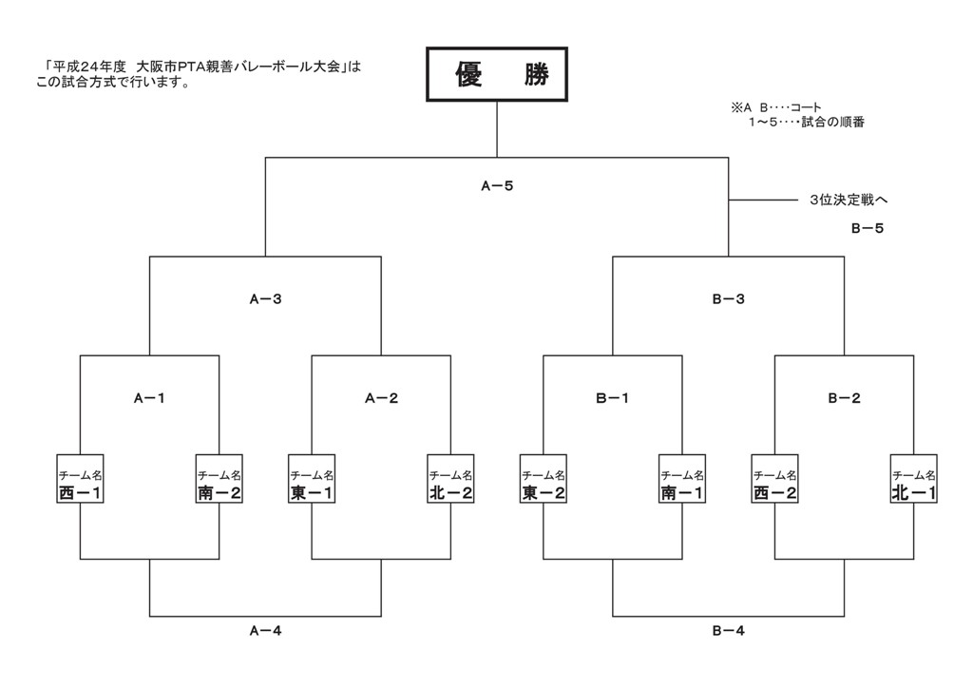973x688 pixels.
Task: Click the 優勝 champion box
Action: (x=497, y=75)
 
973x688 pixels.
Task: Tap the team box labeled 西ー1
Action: (x=80, y=484)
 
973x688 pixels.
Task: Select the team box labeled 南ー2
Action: (x=219, y=484)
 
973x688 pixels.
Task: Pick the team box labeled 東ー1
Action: (x=312, y=484)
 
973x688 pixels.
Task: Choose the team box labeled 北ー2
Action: (x=450, y=484)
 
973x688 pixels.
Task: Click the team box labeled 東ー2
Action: (x=544, y=484)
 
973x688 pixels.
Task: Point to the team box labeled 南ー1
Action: (x=682, y=484)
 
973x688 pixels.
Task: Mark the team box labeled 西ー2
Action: (x=774, y=484)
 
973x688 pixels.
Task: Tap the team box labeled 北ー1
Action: (x=914, y=484)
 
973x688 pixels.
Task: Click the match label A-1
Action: (x=149, y=399)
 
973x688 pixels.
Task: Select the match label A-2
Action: (x=381, y=399)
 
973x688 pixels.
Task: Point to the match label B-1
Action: (x=613, y=399)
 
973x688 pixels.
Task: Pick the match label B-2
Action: (x=844, y=399)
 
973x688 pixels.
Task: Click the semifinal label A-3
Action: (x=265, y=299)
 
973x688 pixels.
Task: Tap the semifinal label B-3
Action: (x=728, y=299)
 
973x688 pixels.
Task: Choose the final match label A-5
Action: (x=497, y=187)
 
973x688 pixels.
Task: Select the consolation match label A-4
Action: (x=265, y=630)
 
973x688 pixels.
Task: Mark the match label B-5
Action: (x=867, y=229)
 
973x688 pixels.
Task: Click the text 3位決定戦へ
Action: (x=849, y=201)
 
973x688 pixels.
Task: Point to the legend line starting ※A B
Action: (x=776, y=108)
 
